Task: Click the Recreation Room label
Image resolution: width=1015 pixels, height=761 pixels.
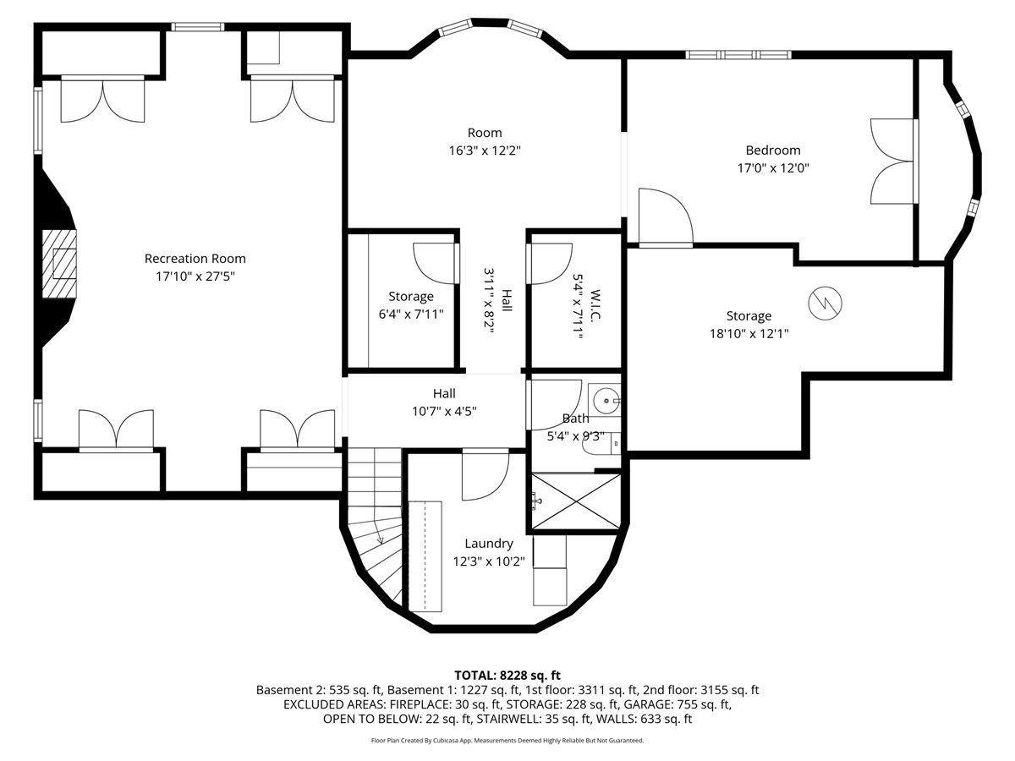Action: [195, 259]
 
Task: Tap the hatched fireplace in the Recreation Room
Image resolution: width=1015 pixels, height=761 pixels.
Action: [59, 264]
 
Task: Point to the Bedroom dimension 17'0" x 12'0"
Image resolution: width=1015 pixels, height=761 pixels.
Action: [773, 167]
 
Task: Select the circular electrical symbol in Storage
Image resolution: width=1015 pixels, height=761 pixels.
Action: [825, 303]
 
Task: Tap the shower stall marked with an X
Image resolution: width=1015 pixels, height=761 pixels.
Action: [576, 501]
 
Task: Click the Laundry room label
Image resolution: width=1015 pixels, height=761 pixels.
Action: [489, 544]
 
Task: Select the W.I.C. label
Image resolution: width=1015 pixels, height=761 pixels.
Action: [595, 305]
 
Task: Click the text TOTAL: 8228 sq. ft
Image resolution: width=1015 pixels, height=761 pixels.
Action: [507, 676]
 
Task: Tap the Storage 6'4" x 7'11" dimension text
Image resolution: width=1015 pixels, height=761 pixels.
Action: [411, 315]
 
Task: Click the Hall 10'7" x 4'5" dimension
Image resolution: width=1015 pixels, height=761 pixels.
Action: [444, 411]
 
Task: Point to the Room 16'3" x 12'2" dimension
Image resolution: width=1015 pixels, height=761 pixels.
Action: [485, 151]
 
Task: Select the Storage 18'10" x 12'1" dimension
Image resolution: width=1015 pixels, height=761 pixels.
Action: [749, 334]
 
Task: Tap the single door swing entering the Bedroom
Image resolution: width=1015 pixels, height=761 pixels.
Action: [666, 216]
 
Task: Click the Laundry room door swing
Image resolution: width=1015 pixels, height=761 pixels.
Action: [486, 476]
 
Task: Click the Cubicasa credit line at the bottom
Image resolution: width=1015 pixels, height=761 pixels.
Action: [507, 741]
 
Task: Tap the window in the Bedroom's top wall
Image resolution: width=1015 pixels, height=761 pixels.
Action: [738, 55]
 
